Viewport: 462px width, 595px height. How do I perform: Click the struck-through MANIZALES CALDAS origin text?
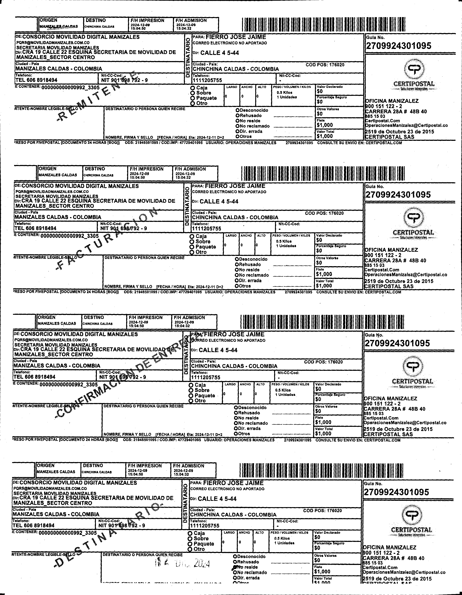point(58,27)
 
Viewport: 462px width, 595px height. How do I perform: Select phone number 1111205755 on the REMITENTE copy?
point(207,80)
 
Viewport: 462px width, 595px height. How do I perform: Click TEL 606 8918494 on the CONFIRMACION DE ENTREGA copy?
point(34,377)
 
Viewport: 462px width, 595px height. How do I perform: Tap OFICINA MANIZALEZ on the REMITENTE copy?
point(392,101)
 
